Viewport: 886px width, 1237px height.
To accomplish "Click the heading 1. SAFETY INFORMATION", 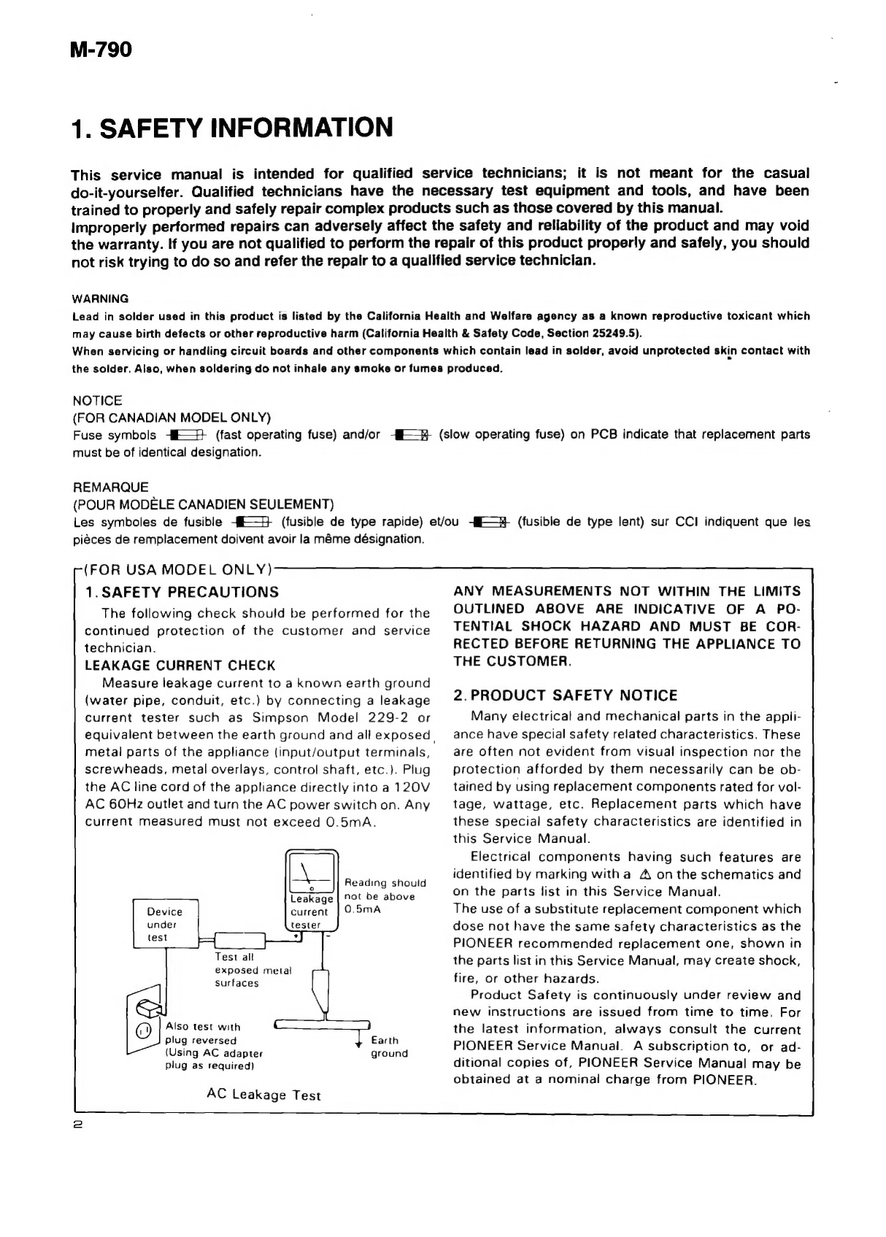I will pyautogui.click(x=232, y=128).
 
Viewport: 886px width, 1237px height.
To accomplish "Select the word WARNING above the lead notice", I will pyautogui.click(x=101, y=298).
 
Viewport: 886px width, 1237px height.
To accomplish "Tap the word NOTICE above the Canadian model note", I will pyautogui.click(x=98, y=401).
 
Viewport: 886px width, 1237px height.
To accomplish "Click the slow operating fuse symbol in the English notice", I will pyautogui.click(x=412, y=436).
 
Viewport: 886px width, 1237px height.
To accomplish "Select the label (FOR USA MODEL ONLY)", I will pyautogui.click(x=177, y=569).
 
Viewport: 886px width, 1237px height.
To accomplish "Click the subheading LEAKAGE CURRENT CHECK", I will pyautogui.click(x=180, y=666).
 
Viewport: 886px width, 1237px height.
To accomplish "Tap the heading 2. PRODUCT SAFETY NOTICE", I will pyautogui.click(x=566, y=695).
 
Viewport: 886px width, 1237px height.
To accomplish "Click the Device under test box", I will pyautogui.click(x=166, y=924).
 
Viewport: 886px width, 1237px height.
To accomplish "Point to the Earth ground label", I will pyautogui.click(x=389, y=1047).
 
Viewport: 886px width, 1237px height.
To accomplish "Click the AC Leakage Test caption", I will pyautogui.click(x=263, y=1095).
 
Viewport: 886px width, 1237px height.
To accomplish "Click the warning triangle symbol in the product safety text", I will pyautogui.click(x=644, y=874).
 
